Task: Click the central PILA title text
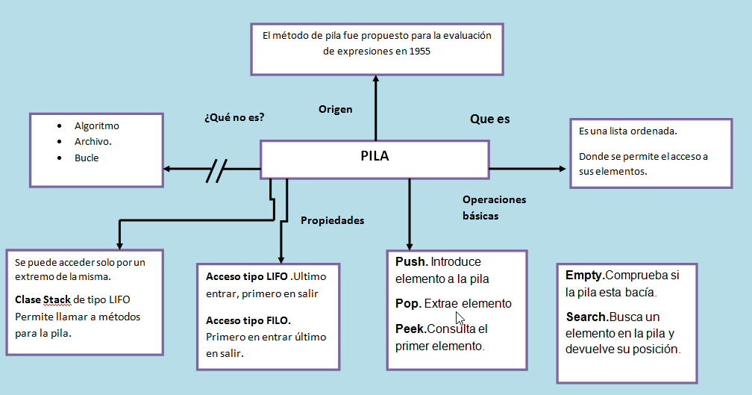point(375,157)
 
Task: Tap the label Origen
point(335,109)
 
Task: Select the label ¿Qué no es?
point(234,118)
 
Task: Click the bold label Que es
point(489,119)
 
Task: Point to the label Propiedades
point(332,220)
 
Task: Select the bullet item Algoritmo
point(96,126)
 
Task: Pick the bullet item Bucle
point(87,158)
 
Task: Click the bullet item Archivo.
point(93,142)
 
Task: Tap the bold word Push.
point(411,262)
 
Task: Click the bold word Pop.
point(409,304)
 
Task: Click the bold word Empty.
point(585,275)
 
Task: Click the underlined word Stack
point(56,300)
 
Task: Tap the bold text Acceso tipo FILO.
point(248,320)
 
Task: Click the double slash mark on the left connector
point(216,169)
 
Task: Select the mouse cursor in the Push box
point(460,318)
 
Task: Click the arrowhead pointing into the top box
point(376,79)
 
